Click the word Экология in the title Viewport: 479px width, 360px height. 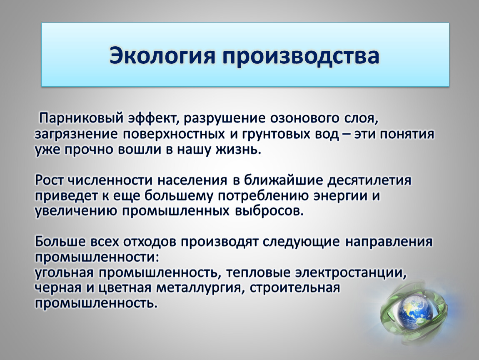[x=162, y=55]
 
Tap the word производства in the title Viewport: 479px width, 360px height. [x=301, y=56]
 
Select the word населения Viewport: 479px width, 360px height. [x=192, y=180]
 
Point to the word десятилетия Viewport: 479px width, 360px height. [x=369, y=180]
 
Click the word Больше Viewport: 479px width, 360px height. [x=60, y=241]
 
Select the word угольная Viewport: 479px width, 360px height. [x=64, y=272]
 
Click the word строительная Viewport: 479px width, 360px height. [x=294, y=287]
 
